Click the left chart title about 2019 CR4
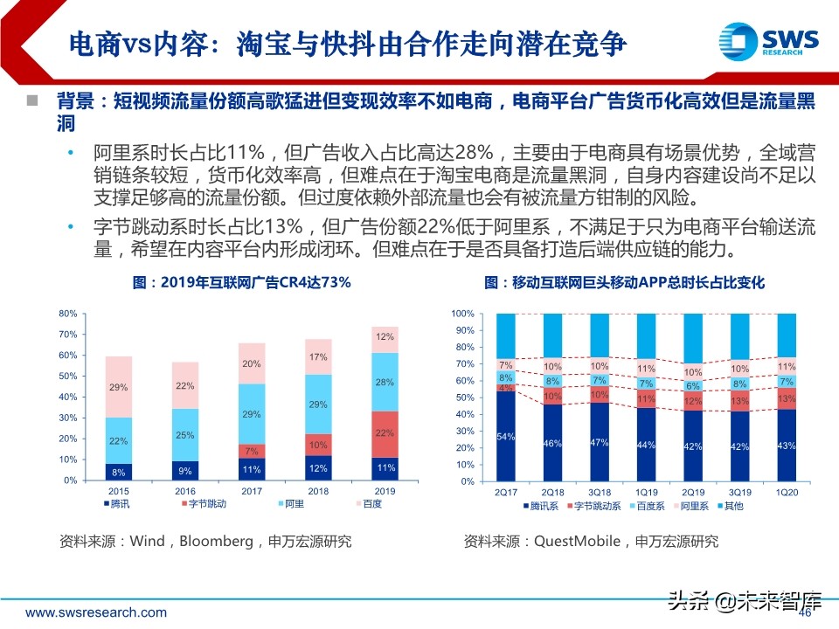click(241, 282)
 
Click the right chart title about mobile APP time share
click(624, 282)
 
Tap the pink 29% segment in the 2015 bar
click(119, 386)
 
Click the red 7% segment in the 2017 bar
click(253, 451)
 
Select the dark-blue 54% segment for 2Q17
click(504, 436)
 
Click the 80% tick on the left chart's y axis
click(68, 314)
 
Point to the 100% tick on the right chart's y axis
click(462, 314)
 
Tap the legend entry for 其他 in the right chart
click(729, 505)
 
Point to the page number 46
click(806, 613)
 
